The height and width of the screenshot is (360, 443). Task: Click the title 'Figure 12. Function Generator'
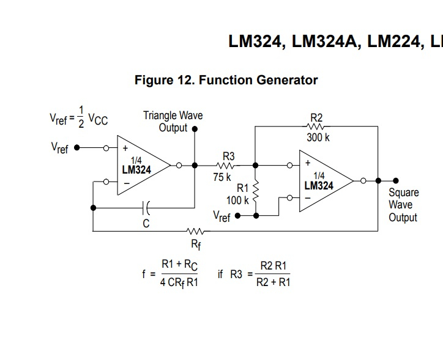[226, 80]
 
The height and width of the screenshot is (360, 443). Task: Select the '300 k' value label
[318, 138]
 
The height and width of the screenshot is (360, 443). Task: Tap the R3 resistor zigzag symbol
[227, 165]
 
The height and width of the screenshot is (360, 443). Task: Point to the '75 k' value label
[222, 177]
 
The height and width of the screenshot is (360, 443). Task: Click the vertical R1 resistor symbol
[256, 193]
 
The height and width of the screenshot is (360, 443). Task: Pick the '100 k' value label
[237, 199]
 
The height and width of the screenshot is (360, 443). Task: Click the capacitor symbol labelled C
[146, 208]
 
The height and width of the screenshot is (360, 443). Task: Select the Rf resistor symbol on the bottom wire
[195, 231]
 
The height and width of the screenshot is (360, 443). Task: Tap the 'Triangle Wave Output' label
[173, 121]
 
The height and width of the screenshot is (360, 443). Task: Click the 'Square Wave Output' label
[403, 205]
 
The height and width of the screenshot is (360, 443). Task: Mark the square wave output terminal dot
[396, 180]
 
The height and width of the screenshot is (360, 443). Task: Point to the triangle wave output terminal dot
[195, 129]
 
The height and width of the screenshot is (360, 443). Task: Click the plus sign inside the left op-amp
[125, 148]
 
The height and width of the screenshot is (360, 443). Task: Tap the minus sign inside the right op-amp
[307, 198]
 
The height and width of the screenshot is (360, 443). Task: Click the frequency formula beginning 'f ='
[171, 273]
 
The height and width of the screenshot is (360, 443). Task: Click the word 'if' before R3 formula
[220, 273]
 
